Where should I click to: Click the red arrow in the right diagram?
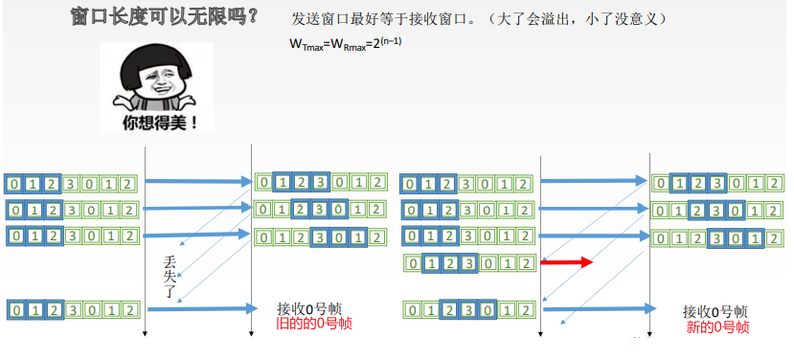click(x=568, y=262)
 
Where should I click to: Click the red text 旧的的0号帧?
click(x=312, y=324)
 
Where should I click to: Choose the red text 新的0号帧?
click(x=715, y=327)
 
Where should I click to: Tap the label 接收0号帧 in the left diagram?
click(x=308, y=308)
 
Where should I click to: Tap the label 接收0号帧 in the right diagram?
click(x=715, y=312)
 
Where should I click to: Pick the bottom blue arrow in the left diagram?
click(x=201, y=308)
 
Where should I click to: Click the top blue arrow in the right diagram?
click(x=594, y=180)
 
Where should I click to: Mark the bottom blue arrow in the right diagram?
click(x=599, y=306)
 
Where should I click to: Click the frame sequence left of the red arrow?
click(x=468, y=262)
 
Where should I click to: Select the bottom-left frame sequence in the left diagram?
click(x=73, y=309)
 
